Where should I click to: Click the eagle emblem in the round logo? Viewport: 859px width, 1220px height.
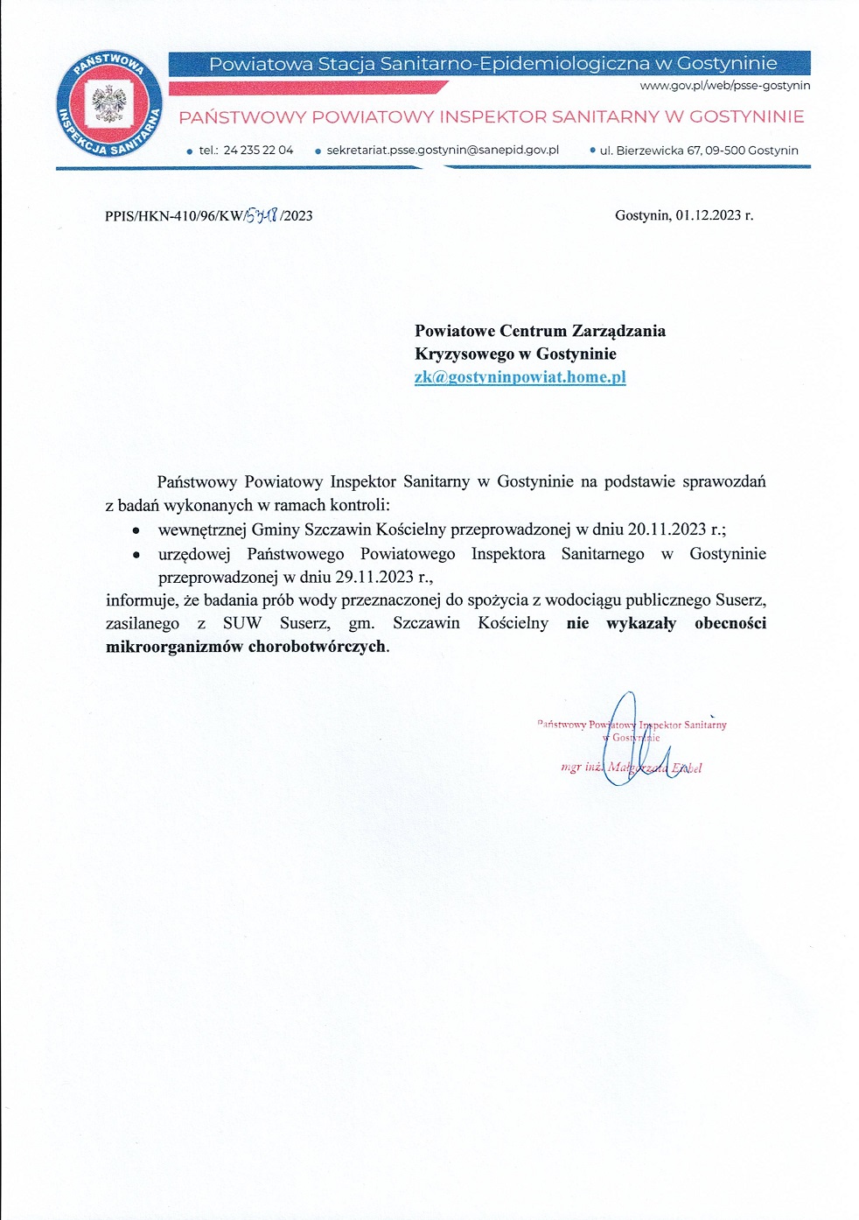pos(108,105)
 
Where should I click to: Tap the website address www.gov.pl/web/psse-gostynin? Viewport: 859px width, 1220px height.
pos(724,86)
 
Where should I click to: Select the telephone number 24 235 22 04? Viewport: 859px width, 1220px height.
pos(258,151)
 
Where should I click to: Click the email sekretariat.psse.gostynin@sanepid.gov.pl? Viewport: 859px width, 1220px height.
pos(443,151)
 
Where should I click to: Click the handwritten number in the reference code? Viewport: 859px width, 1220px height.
pos(262,214)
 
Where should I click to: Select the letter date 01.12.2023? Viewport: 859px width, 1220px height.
pos(709,215)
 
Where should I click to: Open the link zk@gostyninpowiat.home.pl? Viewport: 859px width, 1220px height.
pos(520,377)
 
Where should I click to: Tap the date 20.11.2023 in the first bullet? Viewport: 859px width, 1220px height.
pos(667,529)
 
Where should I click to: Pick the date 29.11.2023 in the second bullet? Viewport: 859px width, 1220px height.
pos(374,577)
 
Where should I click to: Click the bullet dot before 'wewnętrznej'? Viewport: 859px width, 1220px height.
pos(136,530)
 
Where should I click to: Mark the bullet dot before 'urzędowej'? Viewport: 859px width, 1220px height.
pos(136,554)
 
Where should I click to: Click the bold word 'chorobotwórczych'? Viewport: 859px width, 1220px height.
pos(317,647)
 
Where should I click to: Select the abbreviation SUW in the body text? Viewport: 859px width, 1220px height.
pos(242,623)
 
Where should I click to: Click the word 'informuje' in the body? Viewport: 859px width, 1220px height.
pos(139,600)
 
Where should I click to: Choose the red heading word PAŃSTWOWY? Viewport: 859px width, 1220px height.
pos(242,117)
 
